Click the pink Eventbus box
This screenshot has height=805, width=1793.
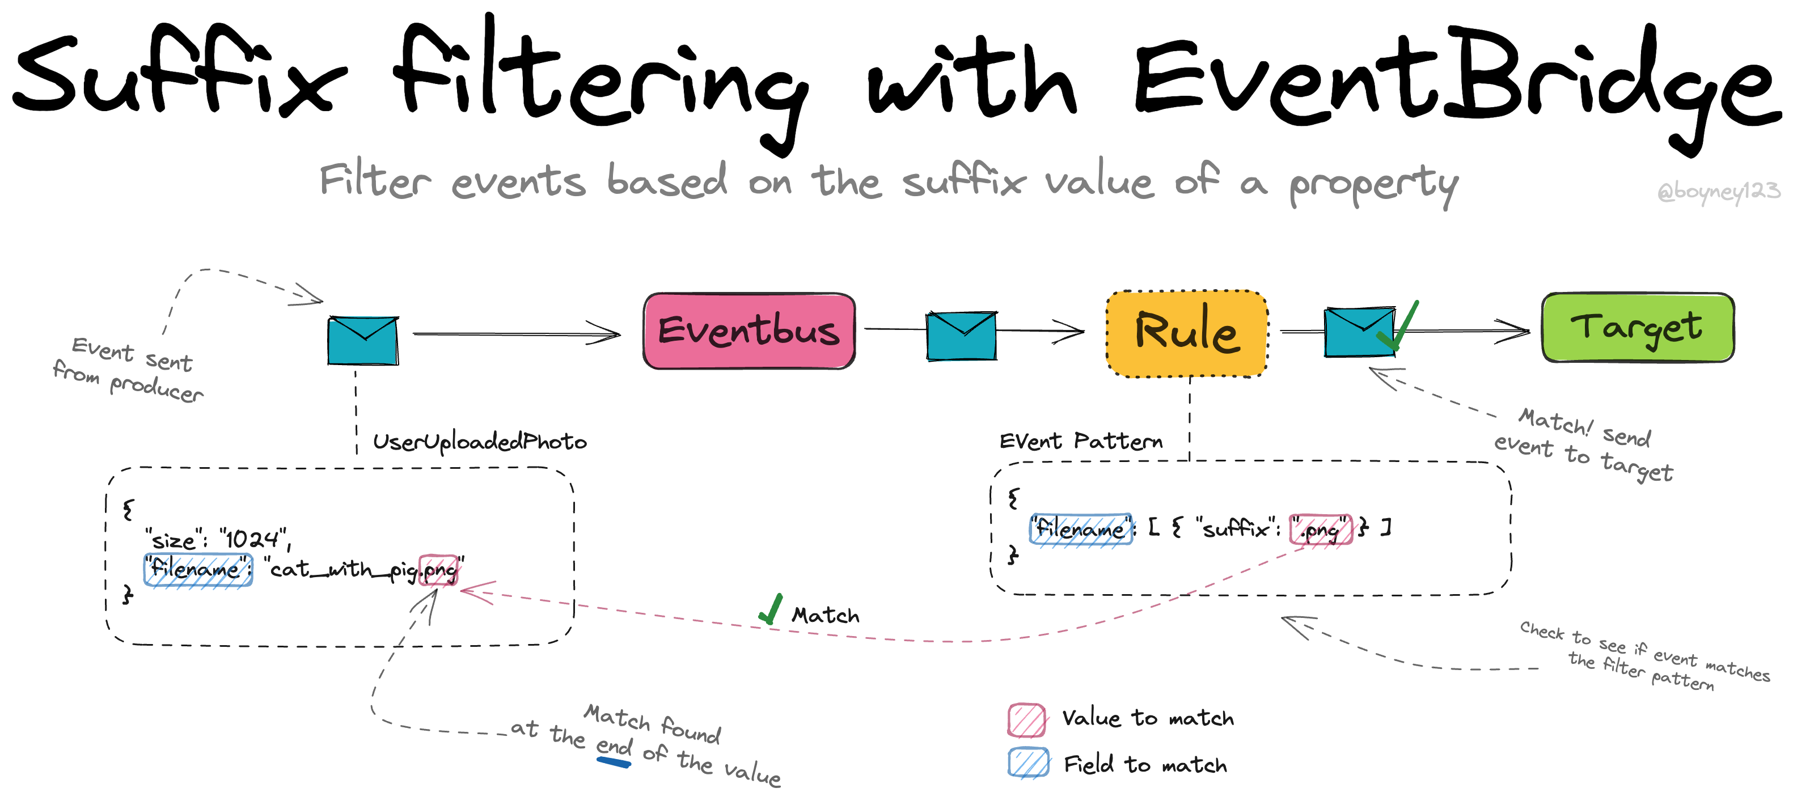click(x=749, y=331)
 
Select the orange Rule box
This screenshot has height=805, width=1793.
click(x=1187, y=333)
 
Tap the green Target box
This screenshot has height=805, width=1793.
click(x=1638, y=327)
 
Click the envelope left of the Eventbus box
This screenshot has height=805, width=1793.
click(x=363, y=340)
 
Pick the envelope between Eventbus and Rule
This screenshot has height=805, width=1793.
click(x=961, y=336)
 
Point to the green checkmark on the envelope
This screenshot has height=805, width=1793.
click(x=1398, y=325)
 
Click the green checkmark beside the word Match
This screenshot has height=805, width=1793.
click(x=771, y=609)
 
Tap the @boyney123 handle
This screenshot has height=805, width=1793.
click(x=1718, y=190)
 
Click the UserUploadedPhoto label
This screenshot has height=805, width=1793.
click(x=480, y=442)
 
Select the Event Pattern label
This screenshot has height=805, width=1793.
click(x=1081, y=440)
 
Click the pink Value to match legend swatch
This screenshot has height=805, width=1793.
click(x=1027, y=720)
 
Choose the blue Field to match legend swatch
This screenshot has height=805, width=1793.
click(x=1028, y=762)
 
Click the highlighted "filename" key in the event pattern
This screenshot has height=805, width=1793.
click(x=1081, y=529)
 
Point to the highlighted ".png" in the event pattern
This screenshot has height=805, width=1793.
click(x=1321, y=529)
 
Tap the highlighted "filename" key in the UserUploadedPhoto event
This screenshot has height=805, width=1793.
click(x=198, y=570)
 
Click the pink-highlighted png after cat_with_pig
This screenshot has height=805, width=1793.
click(x=438, y=570)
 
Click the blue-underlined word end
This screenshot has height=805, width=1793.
click(x=614, y=747)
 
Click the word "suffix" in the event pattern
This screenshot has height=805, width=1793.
click(x=1236, y=528)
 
